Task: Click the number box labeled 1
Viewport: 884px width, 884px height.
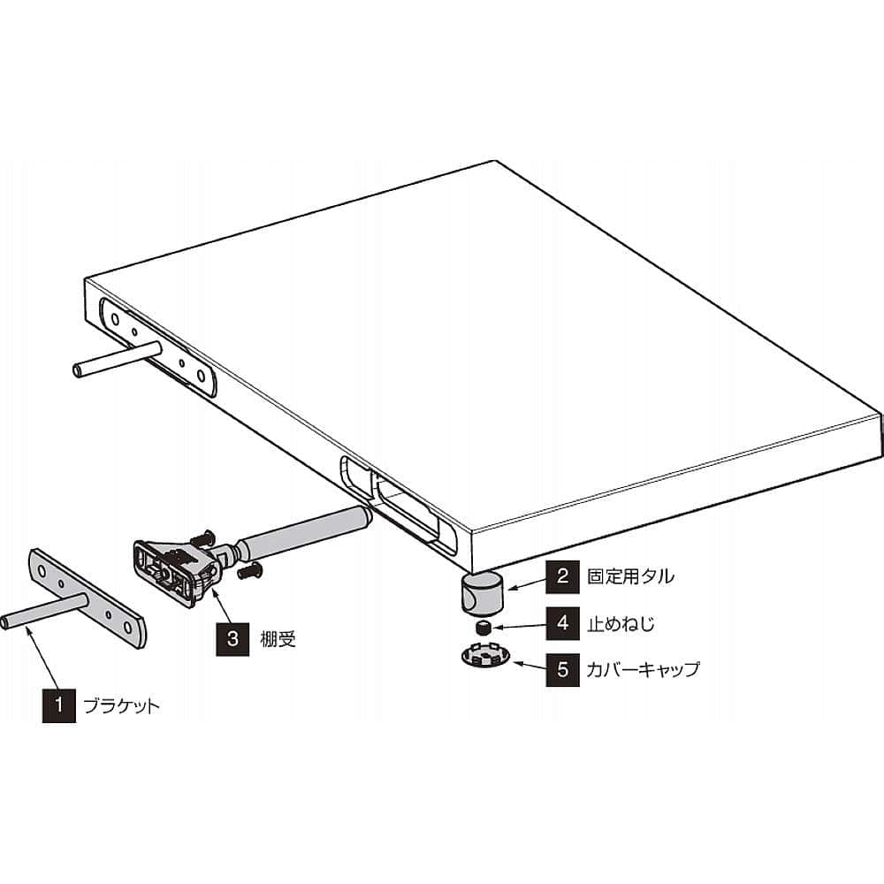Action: [x=59, y=705]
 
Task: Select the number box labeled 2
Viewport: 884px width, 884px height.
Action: [x=562, y=576]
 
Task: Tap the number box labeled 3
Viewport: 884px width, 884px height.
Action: [x=232, y=639]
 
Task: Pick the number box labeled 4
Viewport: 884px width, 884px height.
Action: [x=562, y=623]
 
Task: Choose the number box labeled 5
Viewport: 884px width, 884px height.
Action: [x=562, y=670]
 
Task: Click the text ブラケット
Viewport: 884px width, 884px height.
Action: [x=122, y=705]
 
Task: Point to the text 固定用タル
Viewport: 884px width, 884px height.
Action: [x=630, y=576]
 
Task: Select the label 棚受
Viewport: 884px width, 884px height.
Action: [x=278, y=639]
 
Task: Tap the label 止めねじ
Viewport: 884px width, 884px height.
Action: [x=621, y=624]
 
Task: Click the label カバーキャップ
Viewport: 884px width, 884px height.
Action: [x=643, y=670]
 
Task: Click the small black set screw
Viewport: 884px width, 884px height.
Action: [x=483, y=627]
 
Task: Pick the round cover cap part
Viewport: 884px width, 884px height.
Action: [x=484, y=656]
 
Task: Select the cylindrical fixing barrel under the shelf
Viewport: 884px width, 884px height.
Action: [x=482, y=593]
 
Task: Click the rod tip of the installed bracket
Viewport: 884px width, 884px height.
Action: [x=79, y=371]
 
